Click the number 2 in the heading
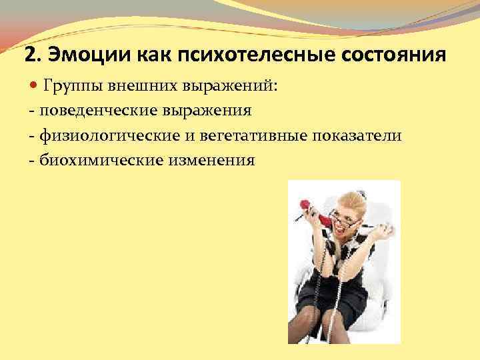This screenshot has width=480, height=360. pos(29,53)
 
